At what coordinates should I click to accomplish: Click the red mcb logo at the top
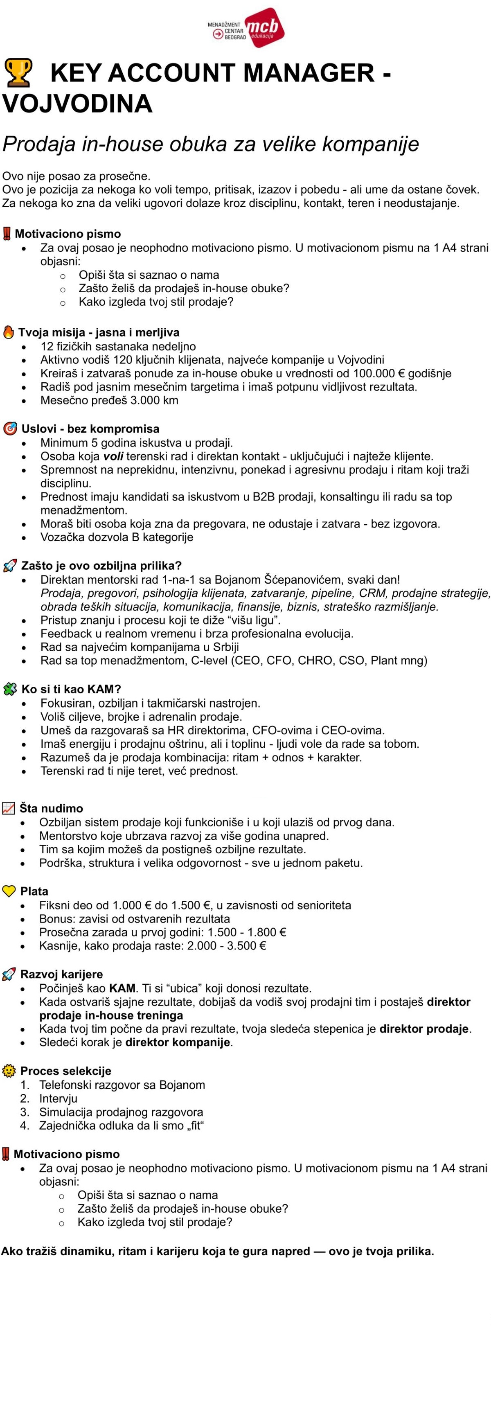(264, 27)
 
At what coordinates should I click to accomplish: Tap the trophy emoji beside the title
(18, 73)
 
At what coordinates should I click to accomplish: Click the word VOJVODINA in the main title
(77, 104)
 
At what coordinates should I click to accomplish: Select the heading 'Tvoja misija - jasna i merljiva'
(99, 332)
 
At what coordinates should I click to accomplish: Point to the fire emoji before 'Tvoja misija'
(8, 332)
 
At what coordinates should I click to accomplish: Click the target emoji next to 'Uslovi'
(10, 429)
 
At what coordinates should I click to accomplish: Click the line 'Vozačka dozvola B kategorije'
(117, 537)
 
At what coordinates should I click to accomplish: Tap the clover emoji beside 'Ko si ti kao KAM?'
(10, 689)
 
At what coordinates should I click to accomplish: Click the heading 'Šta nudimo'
(51, 808)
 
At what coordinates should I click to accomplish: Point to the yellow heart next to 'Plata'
(9, 891)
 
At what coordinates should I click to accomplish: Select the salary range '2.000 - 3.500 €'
(226, 945)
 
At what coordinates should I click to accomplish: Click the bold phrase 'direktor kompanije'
(178, 1042)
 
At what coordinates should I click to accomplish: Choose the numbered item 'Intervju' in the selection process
(58, 1098)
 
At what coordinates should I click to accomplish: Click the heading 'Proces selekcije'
(65, 1071)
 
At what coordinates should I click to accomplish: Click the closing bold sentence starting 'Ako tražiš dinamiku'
(218, 1252)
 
